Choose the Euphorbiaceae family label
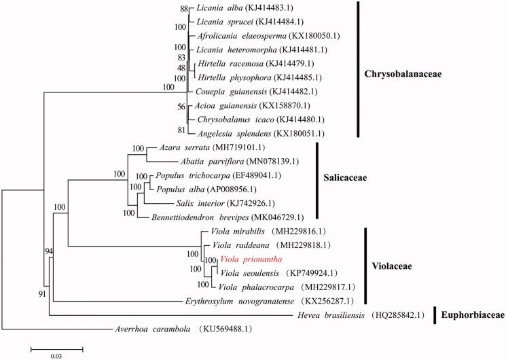(x=471, y=315)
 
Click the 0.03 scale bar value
(x=56, y=355)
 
